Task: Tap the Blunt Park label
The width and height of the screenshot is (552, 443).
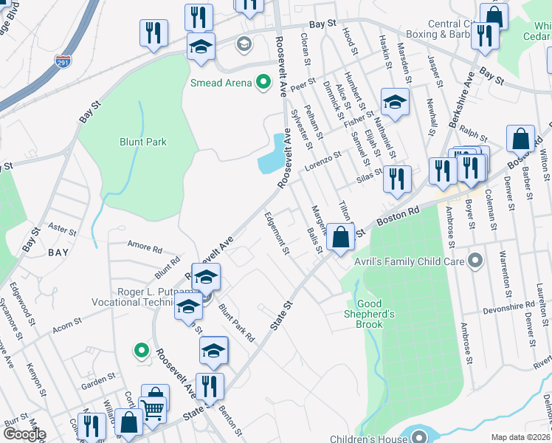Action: (143, 142)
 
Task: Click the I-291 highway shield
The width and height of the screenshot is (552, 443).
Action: (64, 63)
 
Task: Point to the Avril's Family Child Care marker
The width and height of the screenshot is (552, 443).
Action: (475, 261)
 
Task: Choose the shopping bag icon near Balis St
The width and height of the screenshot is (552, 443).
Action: (340, 238)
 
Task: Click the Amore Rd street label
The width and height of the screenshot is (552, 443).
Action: (145, 248)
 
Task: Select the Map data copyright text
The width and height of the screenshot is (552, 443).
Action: (520, 437)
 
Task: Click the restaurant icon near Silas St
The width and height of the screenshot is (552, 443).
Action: (397, 179)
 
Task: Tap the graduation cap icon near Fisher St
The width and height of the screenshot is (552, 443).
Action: (394, 103)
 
